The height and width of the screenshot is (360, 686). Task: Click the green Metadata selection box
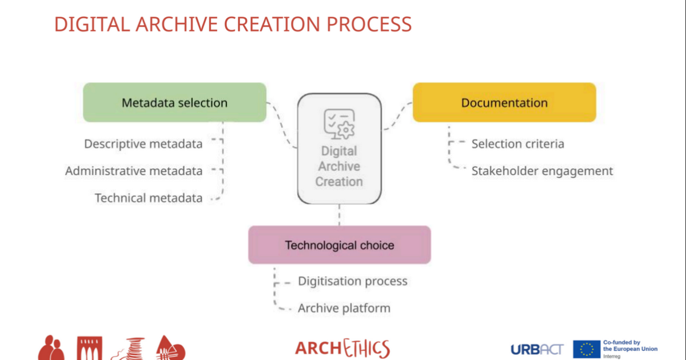click(174, 103)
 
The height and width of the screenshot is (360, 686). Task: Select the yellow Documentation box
click(504, 103)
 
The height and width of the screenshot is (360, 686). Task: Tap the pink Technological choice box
click(339, 245)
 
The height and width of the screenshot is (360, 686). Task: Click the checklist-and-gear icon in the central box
click(339, 123)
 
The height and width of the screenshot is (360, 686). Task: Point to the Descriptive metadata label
click(143, 144)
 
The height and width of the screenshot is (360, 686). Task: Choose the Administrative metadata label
click(134, 171)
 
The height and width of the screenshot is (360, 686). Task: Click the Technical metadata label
click(149, 198)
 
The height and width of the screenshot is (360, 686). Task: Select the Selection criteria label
click(517, 144)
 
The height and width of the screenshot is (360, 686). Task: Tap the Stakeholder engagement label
click(542, 171)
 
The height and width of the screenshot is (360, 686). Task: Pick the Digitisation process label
click(352, 281)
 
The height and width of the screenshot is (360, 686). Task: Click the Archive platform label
click(344, 308)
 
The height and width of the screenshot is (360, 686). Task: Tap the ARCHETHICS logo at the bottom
click(342, 348)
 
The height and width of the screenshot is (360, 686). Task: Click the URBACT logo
click(537, 349)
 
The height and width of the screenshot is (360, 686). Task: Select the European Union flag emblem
click(587, 349)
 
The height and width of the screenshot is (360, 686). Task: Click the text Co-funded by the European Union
click(630, 346)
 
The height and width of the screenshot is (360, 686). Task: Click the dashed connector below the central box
click(340, 215)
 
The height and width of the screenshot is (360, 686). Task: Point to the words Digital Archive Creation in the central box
click(339, 166)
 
